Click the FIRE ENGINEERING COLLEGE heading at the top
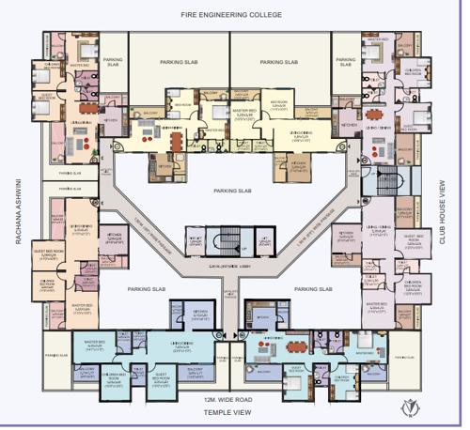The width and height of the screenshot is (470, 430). click(x=232, y=16)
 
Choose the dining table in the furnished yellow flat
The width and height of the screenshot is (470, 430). click(x=177, y=138)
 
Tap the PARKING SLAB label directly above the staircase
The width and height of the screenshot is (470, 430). click(x=231, y=192)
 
